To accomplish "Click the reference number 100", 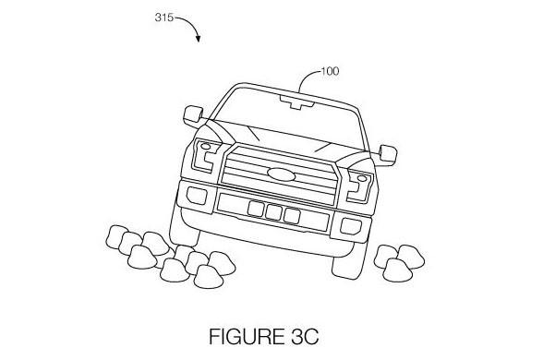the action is [x=330, y=70].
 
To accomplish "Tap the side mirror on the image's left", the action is [x=193, y=115].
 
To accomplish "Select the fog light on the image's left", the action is [x=196, y=196].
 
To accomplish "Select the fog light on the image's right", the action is [x=351, y=226].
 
